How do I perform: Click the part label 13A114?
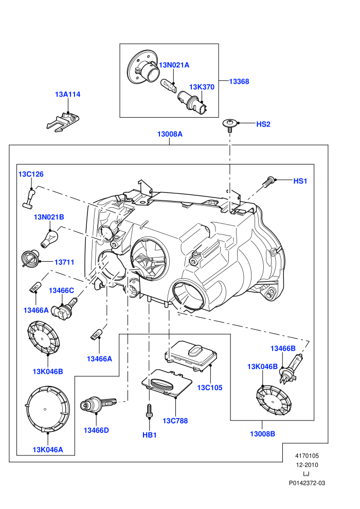click(x=67, y=95)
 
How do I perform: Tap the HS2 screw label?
click(x=263, y=124)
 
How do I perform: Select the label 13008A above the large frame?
click(x=170, y=134)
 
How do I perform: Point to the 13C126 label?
click(x=31, y=174)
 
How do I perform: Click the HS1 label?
click(x=300, y=181)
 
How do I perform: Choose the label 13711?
click(x=64, y=262)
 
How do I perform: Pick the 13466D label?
click(x=96, y=430)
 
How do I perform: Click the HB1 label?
click(x=150, y=435)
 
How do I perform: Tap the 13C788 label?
click(x=175, y=421)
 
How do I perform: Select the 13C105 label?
click(x=210, y=388)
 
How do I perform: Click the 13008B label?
click(x=262, y=434)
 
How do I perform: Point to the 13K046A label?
click(x=48, y=450)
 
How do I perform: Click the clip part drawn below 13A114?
click(x=63, y=122)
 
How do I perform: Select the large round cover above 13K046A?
click(x=47, y=410)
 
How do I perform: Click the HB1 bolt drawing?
click(x=149, y=411)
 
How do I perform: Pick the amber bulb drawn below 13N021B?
click(x=49, y=238)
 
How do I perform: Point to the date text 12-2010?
click(x=307, y=465)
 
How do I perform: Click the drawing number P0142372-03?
click(x=307, y=483)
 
